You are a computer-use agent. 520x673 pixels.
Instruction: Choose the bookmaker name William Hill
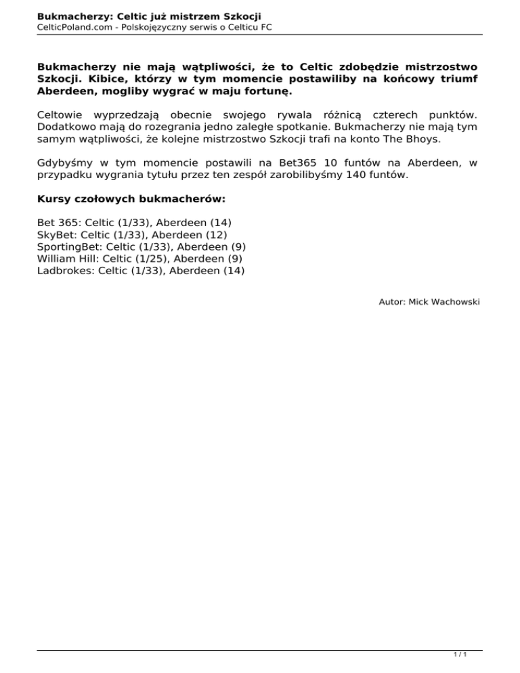pos(65,258)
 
